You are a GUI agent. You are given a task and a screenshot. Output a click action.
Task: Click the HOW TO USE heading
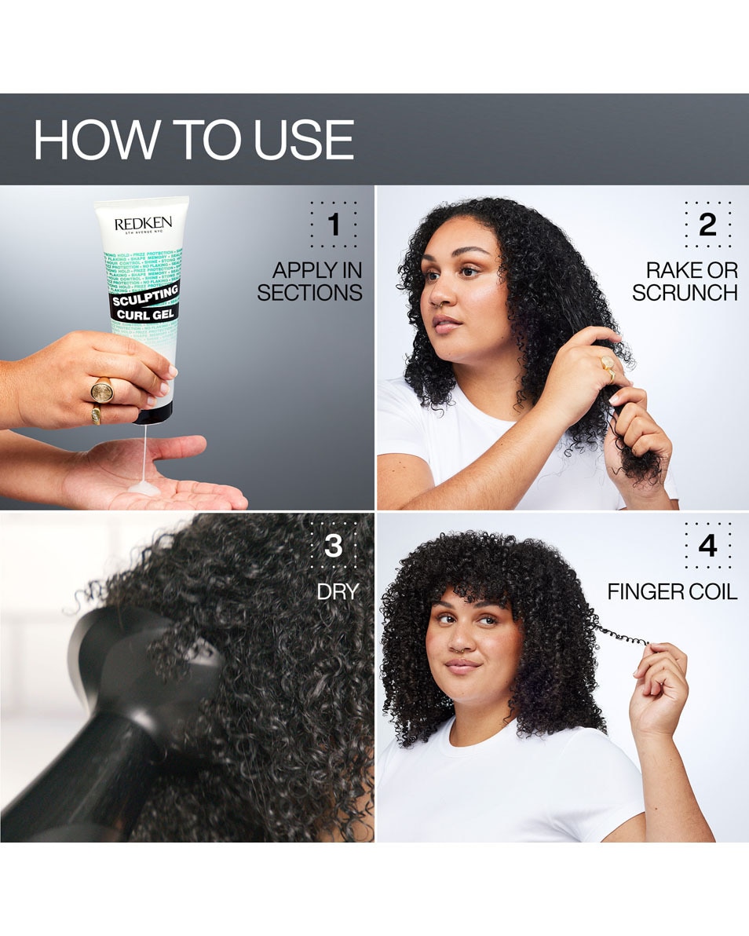click(x=193, y=140)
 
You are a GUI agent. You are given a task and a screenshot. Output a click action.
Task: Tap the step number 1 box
click(x=333, y=225)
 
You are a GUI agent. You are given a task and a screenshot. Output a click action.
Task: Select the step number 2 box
click(x=707, y=225)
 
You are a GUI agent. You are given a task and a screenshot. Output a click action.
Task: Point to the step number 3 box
click(x=333, y=546)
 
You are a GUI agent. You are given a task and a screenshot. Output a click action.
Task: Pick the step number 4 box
click(x=707, y=546)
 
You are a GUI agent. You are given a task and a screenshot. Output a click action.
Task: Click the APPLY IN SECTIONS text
click(x=310, y=282)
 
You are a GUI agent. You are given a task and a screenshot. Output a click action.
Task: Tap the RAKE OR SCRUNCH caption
click(x=685, y=282)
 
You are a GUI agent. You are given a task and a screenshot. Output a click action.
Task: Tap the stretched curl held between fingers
click(x=620, y=634)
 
